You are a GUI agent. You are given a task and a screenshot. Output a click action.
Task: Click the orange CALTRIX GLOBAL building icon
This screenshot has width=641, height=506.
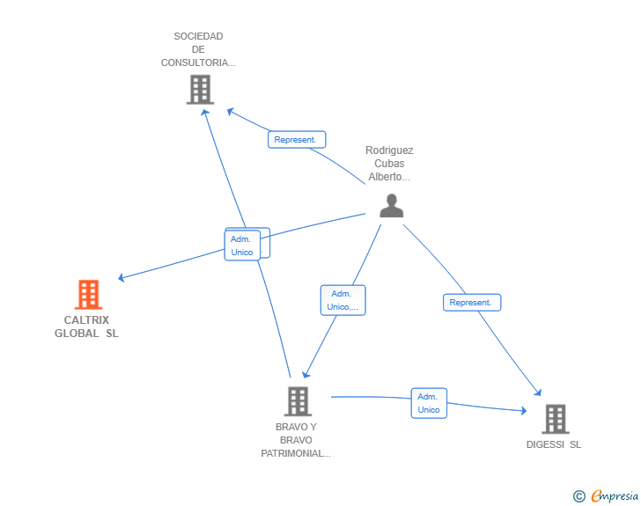point(88,294)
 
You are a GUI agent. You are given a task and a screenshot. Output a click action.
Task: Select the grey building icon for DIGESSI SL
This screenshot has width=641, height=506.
point(556,419)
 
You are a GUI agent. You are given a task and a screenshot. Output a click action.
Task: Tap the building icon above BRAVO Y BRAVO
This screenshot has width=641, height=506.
point(298,401)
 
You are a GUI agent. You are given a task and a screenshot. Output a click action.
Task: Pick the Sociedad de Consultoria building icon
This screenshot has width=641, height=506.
point(201,90)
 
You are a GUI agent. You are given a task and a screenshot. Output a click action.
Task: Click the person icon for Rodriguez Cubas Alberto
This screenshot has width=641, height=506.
point(392,206)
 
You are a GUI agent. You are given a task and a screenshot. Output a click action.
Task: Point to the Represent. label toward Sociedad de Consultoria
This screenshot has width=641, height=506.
point(297,139)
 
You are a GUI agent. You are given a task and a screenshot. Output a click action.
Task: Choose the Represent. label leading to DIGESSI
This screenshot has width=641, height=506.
point(472,303)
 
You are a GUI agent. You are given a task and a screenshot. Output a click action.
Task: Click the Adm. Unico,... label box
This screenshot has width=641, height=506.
point(343,300)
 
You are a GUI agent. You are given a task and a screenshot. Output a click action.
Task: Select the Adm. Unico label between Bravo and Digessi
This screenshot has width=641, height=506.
point(429,403)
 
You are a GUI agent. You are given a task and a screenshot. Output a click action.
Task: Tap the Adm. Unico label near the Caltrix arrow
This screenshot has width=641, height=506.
point(242,246)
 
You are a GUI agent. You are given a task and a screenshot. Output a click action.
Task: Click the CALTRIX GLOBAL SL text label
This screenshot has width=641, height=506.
point(86,326)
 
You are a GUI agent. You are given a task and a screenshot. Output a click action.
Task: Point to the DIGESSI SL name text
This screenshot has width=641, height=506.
point(554,444)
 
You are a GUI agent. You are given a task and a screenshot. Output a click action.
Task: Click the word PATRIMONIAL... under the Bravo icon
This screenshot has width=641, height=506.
point(296,453)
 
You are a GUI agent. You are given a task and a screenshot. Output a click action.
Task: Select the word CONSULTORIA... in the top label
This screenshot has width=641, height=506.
point(198,62)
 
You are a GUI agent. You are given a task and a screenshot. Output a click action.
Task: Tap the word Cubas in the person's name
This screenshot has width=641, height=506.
point(389,164)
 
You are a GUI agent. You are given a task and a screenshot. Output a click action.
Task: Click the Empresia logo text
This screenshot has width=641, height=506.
point(615,496)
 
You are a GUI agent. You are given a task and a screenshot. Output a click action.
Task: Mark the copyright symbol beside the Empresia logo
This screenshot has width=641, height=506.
point(579,496)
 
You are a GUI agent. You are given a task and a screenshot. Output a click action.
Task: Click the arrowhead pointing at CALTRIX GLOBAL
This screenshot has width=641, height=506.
point(121,277)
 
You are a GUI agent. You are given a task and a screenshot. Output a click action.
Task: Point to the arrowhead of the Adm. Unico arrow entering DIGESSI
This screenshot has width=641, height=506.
point(524,410)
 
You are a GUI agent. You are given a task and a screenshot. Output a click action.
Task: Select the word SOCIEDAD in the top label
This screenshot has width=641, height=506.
point(198,36)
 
